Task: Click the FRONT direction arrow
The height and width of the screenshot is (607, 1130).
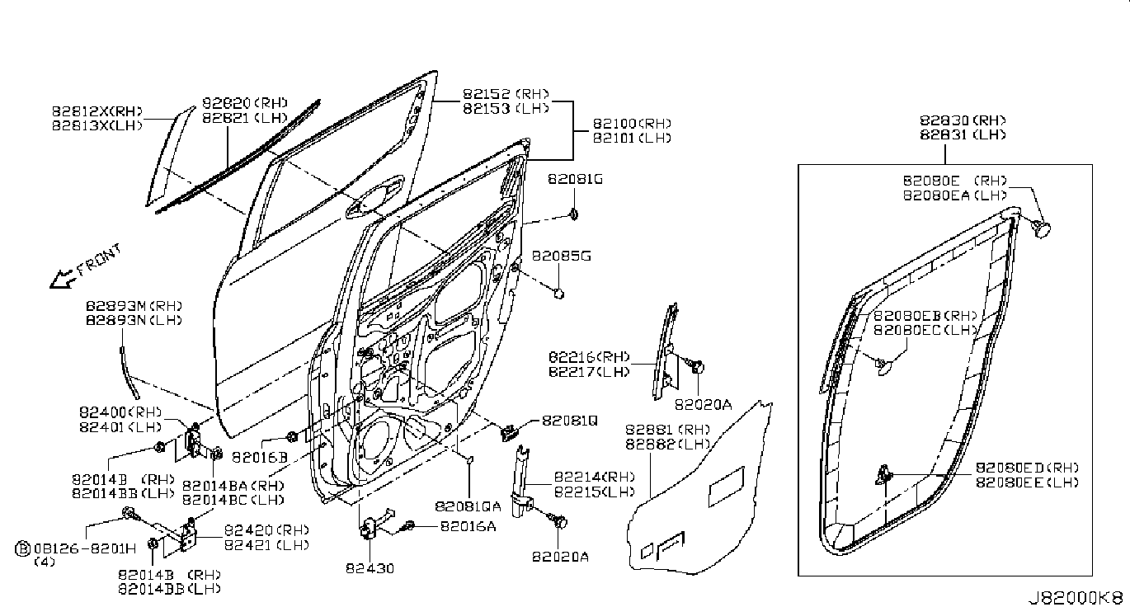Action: point(63,280)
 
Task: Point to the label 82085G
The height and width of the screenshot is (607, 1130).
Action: point(561,256)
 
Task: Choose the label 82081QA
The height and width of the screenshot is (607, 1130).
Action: point(468,505)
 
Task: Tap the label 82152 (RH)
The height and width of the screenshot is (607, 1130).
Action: point(505,94)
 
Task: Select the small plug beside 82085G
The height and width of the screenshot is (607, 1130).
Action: point(558,292)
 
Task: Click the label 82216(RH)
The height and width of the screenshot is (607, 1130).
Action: point(587,358)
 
